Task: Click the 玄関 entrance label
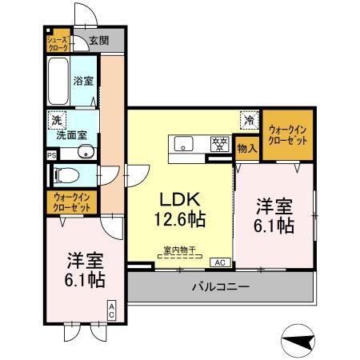(x=98, y=41)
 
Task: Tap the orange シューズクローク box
(x=57, y=42)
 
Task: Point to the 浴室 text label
(x=83, y=81)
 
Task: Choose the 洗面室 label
(x=78, y=135)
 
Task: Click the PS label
(x=51, y=154)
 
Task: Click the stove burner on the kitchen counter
(x=217, y=145)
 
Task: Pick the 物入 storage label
(x=247, y=148)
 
